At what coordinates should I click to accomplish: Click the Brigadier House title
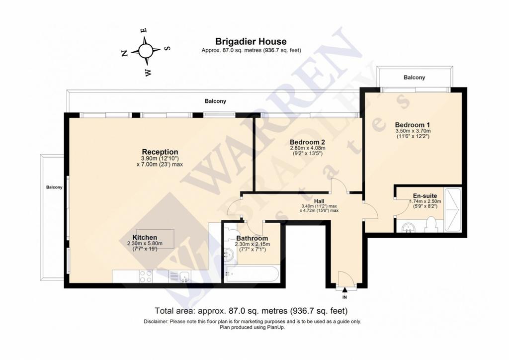251,42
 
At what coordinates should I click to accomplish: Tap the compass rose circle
146,50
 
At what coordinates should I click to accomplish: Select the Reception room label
160,152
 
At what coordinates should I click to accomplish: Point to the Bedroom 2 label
307,142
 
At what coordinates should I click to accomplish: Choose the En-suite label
425,196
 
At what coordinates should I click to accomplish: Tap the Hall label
319,201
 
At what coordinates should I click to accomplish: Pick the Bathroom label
252,239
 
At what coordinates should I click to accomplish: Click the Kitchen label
145,238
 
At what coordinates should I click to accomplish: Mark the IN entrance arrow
344,289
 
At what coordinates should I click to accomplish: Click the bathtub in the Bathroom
252,274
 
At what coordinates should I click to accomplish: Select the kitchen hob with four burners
146,276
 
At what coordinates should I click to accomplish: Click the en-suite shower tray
452,209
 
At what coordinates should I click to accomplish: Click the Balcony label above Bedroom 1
414,78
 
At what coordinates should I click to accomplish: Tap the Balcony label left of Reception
54,187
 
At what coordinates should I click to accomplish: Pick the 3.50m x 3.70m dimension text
413,131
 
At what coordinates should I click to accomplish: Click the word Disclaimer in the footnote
156,322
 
